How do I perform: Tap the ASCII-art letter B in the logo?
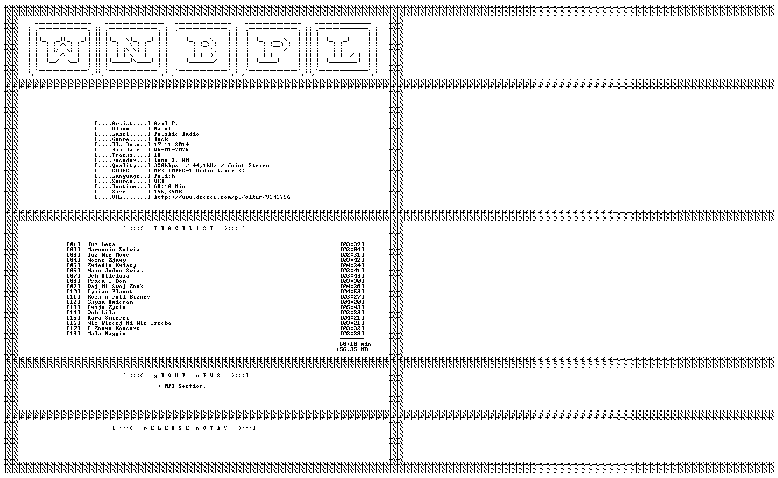pos(204,49)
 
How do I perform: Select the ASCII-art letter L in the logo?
pos(344,49)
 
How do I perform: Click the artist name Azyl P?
pos(166,123)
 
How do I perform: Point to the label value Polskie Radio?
pos(177,134)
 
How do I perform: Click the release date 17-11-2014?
pos(171,144)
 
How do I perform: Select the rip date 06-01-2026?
pos(171,150)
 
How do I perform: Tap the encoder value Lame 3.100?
pos(171,160)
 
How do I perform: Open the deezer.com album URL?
pos(222,197)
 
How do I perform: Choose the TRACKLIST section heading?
pos(184,228)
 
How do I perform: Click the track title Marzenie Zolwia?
pos(113,250)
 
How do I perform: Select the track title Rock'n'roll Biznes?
pos(119,297)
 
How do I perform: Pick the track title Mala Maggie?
pos(106,334)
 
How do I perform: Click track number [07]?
pos(74,276)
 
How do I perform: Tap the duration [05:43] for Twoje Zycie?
pos(352,307)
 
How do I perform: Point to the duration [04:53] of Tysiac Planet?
pos(352,292)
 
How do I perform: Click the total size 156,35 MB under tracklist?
pos(352,349)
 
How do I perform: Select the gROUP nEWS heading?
pos(186,376)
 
